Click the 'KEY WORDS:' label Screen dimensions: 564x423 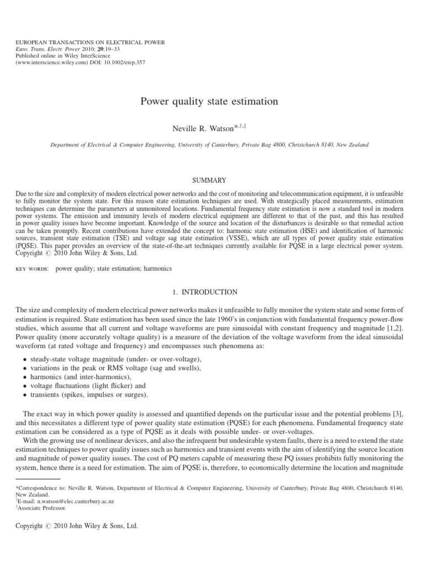(32, 268)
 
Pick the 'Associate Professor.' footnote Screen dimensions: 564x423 (43, 508)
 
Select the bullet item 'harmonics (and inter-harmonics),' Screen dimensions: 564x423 (84, 377)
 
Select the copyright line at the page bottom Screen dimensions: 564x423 (77, 526)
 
